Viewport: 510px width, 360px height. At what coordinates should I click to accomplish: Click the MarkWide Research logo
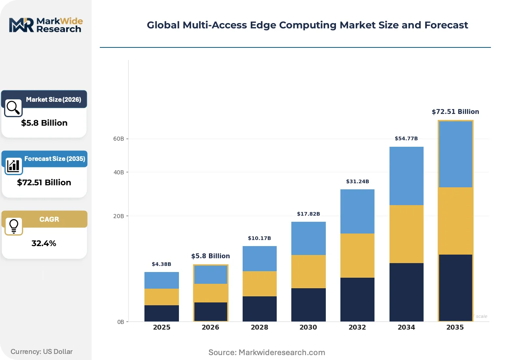(x=46, y=25)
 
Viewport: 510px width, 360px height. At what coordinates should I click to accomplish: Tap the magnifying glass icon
(x=13, y=108)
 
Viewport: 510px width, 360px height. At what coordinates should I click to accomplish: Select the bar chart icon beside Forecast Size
(x=13, y=166)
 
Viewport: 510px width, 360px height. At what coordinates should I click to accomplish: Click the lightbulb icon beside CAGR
(x=14, y=226)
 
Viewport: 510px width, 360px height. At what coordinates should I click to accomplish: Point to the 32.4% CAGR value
(x=44, y=243)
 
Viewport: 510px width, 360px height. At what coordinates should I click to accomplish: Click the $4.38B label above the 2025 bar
(x=161, y=264)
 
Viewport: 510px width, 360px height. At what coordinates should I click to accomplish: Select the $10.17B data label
(x=259, y=238)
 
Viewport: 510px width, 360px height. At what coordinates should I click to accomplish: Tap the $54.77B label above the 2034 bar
(x=406, y=138)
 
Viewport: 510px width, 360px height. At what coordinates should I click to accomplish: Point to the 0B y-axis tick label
(x=121, y=322)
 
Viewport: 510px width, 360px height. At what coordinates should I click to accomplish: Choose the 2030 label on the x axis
(x=308, y=327)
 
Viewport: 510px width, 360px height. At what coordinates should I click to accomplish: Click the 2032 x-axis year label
(x=357, y=327)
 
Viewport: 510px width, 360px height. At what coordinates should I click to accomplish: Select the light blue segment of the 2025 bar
(x=161, y=281)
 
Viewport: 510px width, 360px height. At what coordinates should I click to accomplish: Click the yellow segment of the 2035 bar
(x=456, y=221)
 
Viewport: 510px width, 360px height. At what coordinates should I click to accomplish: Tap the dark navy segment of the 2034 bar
(x=407, y=292)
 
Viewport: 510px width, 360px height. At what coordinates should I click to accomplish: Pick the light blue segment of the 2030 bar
(x=308, y=238)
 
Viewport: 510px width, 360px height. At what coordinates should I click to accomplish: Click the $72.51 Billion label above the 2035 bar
(x=455, y=112)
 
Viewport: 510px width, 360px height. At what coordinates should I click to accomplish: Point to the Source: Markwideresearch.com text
(x=267, y=352)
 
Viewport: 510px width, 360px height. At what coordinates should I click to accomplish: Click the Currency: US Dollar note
(x=41, y=351)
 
